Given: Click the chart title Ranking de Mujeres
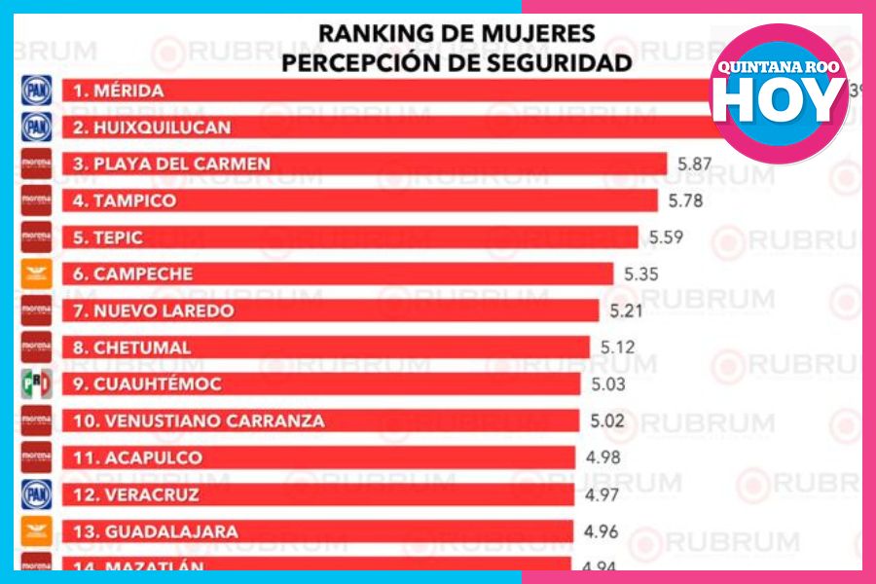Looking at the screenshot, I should pos(456,33).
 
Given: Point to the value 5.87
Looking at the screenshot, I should pos(694,164).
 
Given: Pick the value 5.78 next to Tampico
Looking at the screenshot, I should pos(684,201).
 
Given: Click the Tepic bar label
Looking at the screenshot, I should pos(108,237).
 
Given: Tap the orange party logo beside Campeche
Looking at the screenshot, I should pos(36,274).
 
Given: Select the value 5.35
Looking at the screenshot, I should pos(640,274).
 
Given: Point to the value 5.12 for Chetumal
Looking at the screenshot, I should pos(617,347).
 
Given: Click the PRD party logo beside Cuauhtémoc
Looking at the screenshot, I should pos(36,384).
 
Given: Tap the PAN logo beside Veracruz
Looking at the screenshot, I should pos(36,494).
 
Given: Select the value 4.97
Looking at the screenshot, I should pos(602,494).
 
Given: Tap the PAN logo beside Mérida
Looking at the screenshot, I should pos(36,91).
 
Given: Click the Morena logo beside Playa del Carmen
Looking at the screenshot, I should pos(36,164).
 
